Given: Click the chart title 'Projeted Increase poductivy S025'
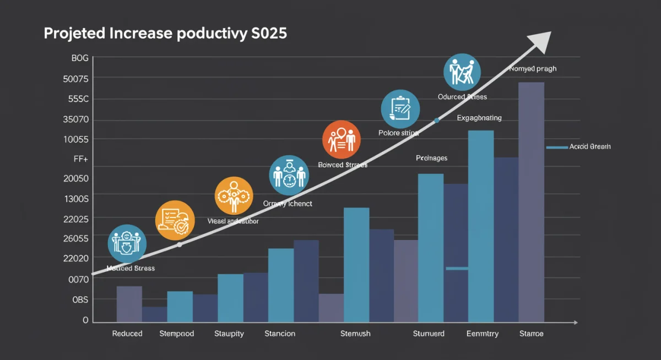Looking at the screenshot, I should click(165, 34).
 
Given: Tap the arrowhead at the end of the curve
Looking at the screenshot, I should click(541, 42).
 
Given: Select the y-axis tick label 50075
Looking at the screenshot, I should click(76, 79).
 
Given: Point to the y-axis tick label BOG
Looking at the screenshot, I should click(80, 58).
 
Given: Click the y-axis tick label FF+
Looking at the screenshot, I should click(81, 159).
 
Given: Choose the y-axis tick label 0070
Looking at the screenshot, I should click(78, 279).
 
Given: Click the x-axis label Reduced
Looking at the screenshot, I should click(127, 334).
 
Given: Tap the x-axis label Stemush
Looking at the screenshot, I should click(355, 334).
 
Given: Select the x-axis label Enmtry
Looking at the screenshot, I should click(483, 334).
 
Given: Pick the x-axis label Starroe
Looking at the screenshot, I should click(532, 334).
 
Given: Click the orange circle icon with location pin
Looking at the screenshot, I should click(342, 139).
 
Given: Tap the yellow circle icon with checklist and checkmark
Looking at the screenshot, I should click(175, 221).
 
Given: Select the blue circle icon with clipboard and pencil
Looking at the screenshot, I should click(400, 108).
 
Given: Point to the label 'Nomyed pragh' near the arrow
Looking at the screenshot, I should click(533, 69).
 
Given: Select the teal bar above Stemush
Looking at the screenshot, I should click(356, 264).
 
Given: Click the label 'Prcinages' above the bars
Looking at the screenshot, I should click(431, 158).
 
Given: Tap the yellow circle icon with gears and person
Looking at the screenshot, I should click(234, 195).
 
